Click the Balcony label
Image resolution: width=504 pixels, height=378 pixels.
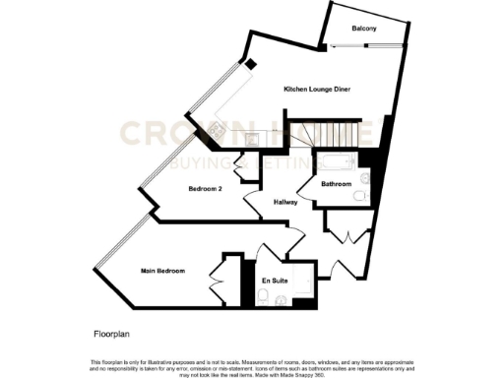click(363, 29)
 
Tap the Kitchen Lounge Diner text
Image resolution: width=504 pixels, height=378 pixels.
click(317, 90)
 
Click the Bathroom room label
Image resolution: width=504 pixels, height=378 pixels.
click(338, 183)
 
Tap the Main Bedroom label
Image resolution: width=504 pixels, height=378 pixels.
click(162, 271)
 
